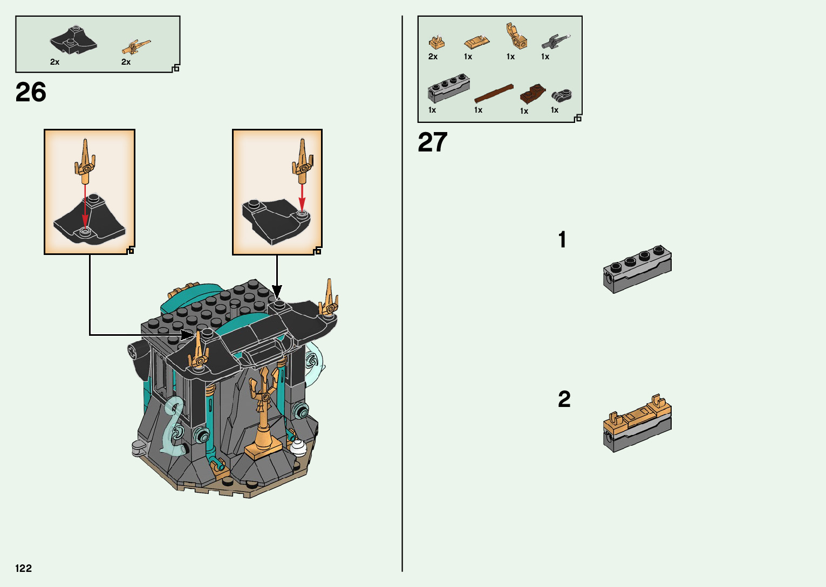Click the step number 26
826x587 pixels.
click(x=31, y=93)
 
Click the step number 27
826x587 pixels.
click(x=433, y=143)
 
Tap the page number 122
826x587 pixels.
click(x=24, y=568)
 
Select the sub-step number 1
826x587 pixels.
click(x=562, y=240)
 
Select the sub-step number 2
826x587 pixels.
click(x=564, y=399)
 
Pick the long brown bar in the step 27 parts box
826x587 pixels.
click(x=494, y=93)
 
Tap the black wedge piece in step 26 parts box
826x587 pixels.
click(x=73, y=40)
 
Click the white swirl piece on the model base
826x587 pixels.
click(x=298, y=446)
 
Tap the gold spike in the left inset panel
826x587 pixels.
click(x=85, y=159)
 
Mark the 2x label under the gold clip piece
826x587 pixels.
click(x=433, y=57)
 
